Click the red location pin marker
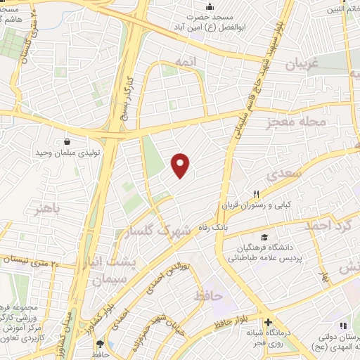click(181, 165)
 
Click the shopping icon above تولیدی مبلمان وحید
click(67, 141)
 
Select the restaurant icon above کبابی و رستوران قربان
click(257, 195)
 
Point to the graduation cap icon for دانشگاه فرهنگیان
click(264, 237)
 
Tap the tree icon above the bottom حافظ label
click(98, 344)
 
